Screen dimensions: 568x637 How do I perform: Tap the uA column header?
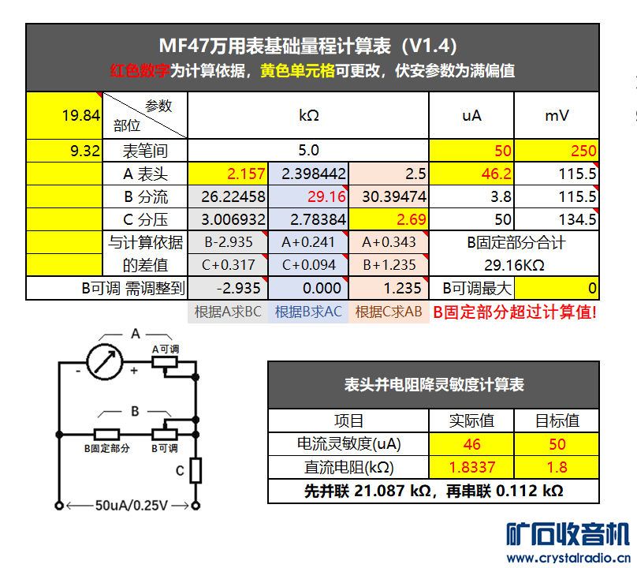(471, 116)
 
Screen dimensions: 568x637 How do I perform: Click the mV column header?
(557, 116)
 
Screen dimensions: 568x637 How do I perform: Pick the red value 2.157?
(228, 174)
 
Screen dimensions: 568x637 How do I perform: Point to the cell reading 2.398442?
(308, 174)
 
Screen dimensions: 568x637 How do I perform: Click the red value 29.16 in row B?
(308, 196)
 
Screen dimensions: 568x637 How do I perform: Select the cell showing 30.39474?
(389, 196)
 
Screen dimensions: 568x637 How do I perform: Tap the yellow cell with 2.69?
(389, 219)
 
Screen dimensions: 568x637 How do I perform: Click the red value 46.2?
(471, 174)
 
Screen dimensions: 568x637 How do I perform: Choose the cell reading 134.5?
(557, 219)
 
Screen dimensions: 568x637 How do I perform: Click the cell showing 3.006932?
(228, 219)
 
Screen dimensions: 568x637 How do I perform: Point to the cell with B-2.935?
(228, 243)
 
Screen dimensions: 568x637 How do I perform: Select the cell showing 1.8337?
(472, 467)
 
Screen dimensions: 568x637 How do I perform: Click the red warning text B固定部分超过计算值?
(515, 312)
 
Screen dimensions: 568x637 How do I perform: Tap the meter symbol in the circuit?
(106, 361)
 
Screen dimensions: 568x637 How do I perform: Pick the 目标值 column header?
(557, 420)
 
